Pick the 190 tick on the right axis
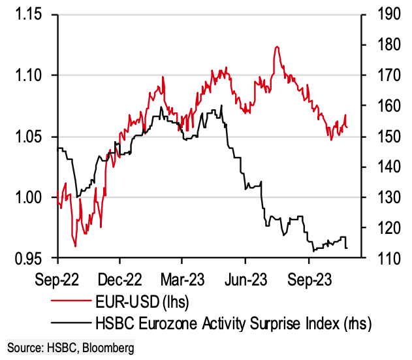(x=381, y=14)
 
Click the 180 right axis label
(x=381, y=45)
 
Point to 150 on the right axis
(x=381, y=137)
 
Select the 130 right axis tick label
(x=381, y=197)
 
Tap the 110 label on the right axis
(x=381, y=259)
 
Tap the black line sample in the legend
(x=72, y=322)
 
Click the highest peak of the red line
(x=277, y=47)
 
